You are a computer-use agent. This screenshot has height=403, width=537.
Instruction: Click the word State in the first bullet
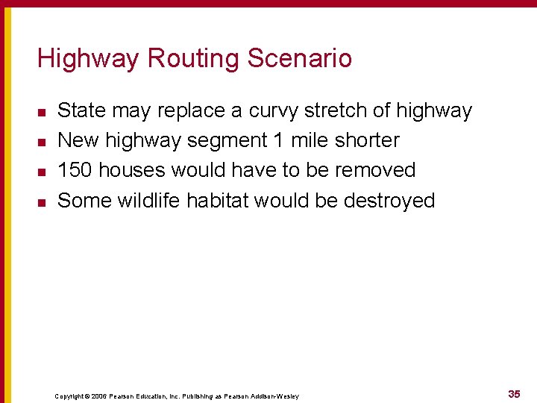(x=81, y=111)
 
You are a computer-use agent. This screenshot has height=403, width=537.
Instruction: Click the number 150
(x=75, y=170)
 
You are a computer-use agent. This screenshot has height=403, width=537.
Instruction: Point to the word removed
(x=375, y=170)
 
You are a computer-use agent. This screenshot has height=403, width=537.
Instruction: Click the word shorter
(x=365, y=140)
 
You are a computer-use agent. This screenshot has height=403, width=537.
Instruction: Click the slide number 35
(x=514, y=393)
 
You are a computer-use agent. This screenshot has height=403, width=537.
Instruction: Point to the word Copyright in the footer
(x=69, y=396)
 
